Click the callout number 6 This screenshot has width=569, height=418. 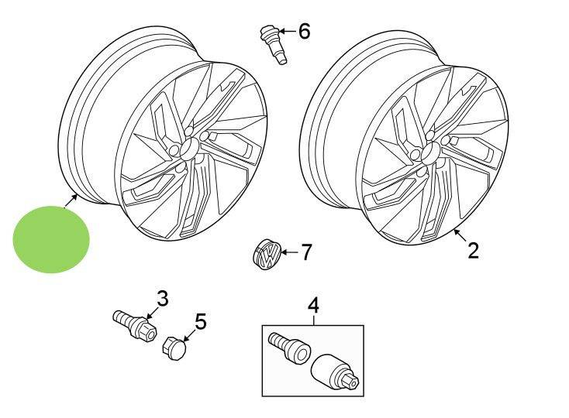pos(303,32)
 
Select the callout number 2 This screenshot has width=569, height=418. pos(472,250)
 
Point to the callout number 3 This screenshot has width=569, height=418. pos(162,298)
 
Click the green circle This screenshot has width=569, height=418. pos(51,238)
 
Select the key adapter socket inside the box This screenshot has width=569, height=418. pos(333,369)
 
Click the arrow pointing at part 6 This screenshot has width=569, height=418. pos(286,32)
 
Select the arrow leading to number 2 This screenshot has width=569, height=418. pos(460,235)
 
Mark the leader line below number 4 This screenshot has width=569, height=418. pos(313,320)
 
